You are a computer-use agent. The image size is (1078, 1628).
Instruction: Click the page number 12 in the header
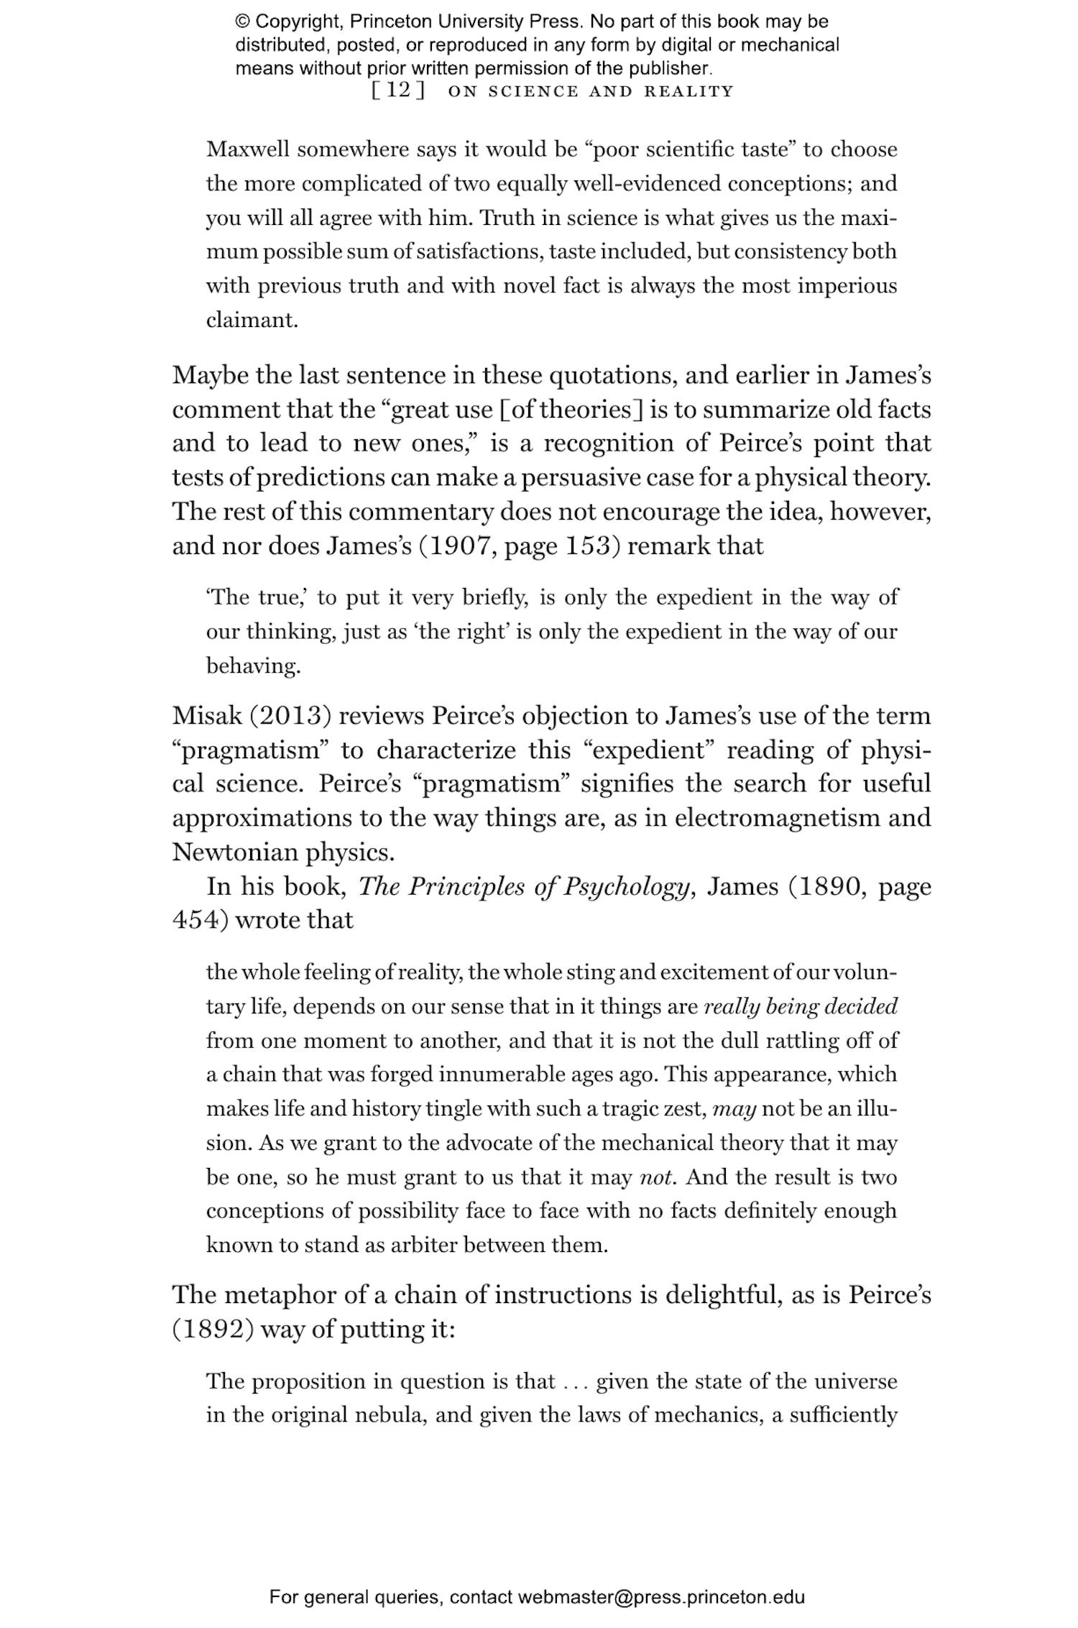coord(398,91)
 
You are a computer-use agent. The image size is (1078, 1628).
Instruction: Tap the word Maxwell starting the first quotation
coord(248,150)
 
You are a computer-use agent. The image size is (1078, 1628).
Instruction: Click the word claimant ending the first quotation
coord(251,320)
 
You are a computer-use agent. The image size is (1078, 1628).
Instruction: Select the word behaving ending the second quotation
coord(252,666)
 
